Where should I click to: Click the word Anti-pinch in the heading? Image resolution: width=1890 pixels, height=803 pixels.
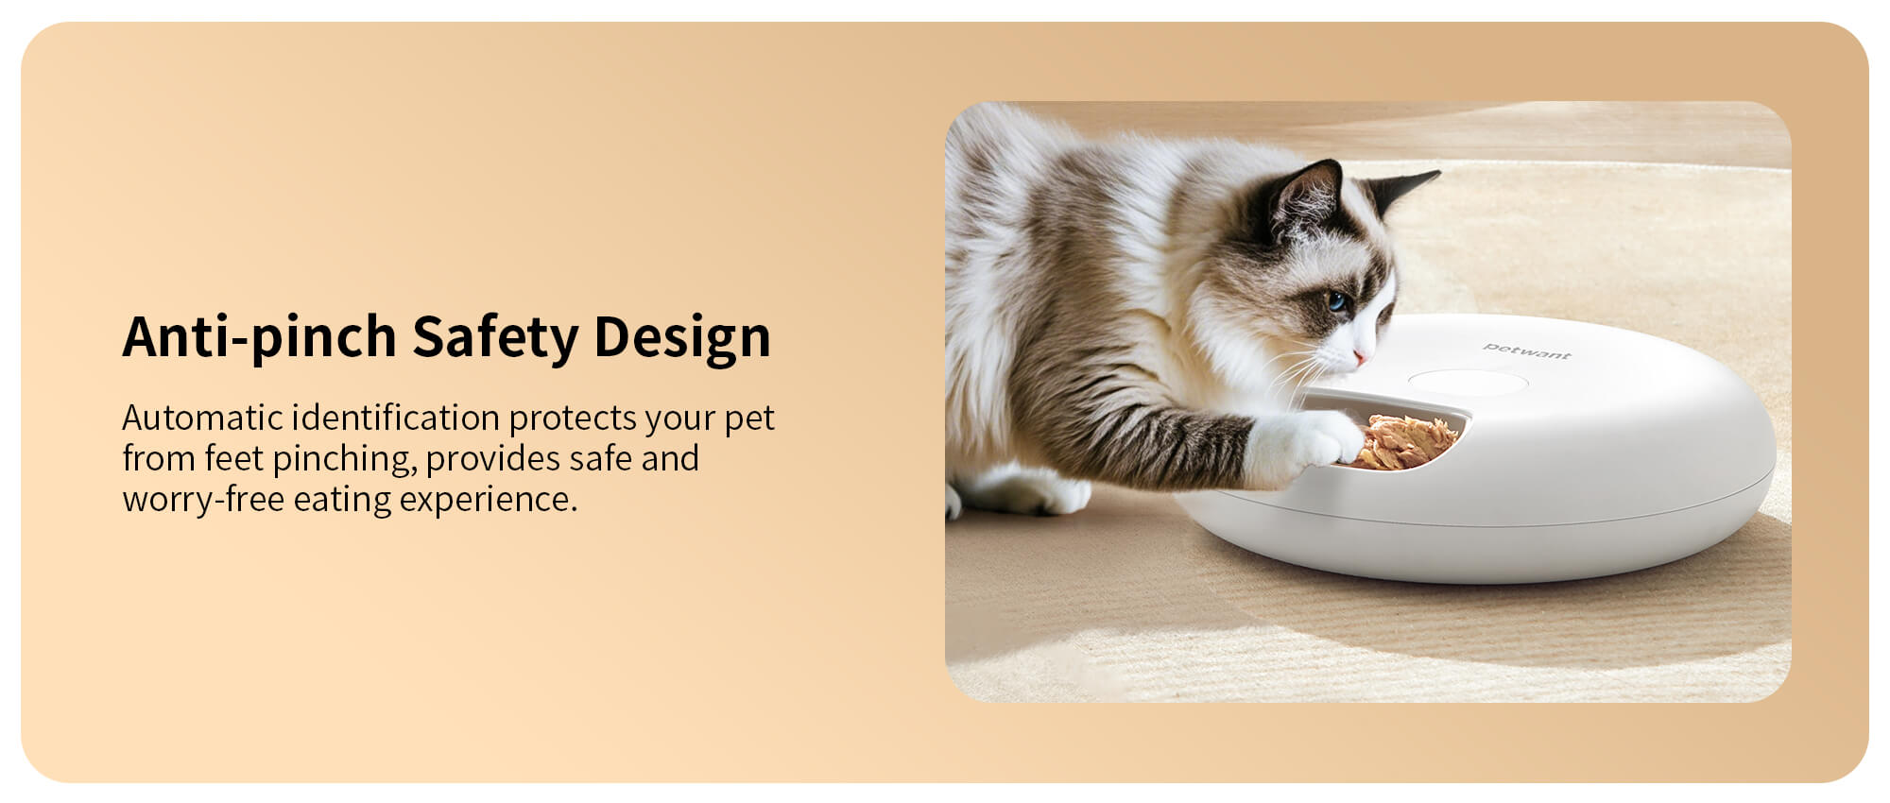[260, 336]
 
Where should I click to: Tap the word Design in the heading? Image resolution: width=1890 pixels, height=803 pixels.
[682, 337]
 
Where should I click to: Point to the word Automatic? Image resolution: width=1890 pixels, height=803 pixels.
[202, 417]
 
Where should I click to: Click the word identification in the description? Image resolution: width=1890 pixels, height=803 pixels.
[395, 417]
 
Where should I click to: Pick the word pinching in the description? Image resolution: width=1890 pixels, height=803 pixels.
[344, 459]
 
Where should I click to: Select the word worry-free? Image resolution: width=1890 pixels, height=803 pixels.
[203, 500]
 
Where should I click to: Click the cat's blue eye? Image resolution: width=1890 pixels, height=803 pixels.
[1336, 301]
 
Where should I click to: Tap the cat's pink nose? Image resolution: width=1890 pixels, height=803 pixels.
[1359, 358]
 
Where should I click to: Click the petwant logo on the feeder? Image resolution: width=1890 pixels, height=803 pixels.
[1526, 351]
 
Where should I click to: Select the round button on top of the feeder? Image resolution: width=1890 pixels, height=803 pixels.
[1468, 383]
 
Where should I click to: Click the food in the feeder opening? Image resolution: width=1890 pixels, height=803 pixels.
[1406, 441]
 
